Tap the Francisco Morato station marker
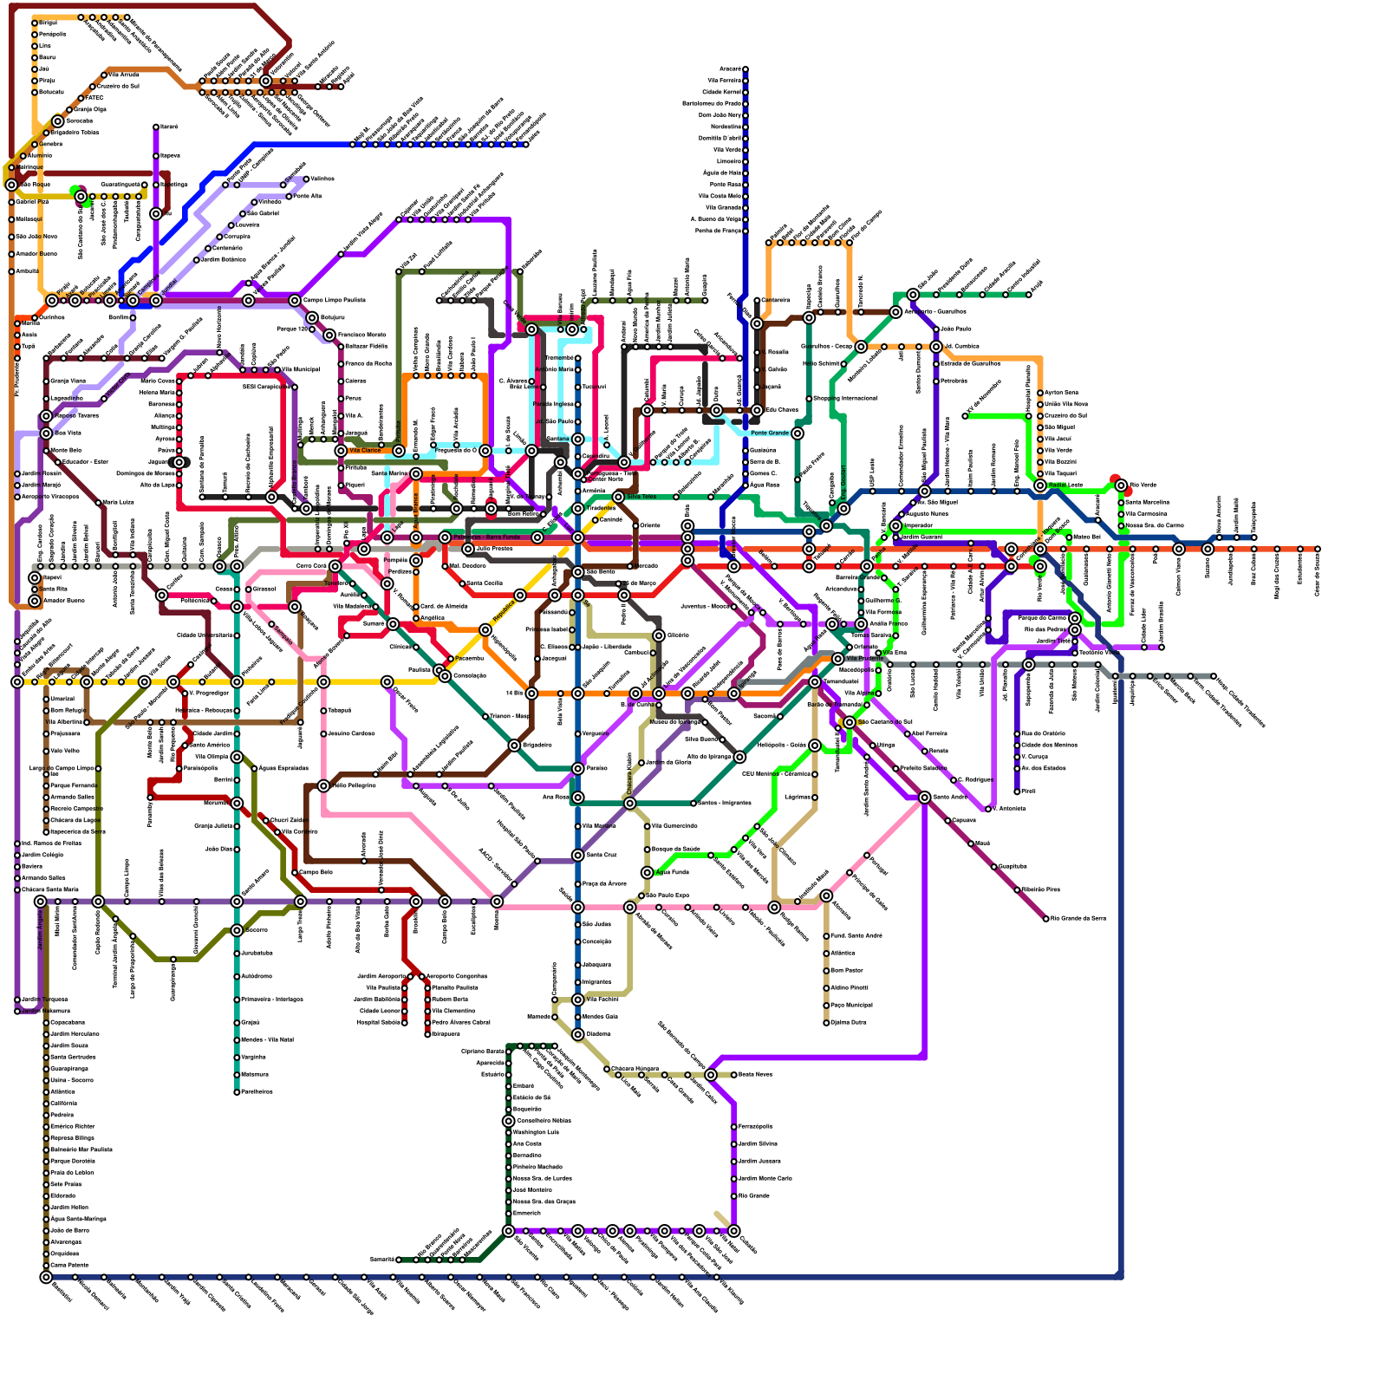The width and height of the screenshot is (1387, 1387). click(x=329, y=335)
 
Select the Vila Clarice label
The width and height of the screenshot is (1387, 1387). click(x=365, y=451)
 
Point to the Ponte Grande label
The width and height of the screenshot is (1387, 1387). click(x=769, y=433)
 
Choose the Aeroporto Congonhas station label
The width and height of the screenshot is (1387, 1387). click(x=459, y=976)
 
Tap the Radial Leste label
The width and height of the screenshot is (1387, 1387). click(x=1065, y=485)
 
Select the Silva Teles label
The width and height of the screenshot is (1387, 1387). click(x=641, y=497)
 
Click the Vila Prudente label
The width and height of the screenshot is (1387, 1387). click(x=864, y=659)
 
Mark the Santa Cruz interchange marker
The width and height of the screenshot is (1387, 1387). click(x=578, y=856)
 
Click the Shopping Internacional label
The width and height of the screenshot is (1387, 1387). click(x=844, y=399)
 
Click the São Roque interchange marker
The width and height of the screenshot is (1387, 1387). click(x=11, y=185)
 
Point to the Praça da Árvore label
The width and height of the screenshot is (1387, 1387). click(x=604, y=884)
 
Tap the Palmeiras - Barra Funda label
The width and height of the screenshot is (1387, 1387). click(x=486, y=537)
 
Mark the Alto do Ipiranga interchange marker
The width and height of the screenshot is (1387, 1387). click(x=739, y=757)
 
